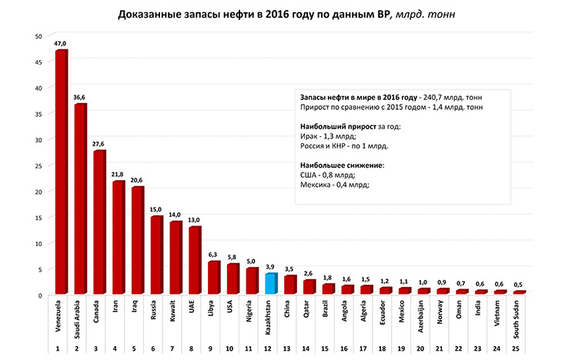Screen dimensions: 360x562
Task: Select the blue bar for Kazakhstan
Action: [270, 284]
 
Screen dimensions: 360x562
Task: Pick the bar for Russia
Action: [156, 255]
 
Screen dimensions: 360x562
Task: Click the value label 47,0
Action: [60, 44]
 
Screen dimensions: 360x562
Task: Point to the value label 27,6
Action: [99, 144]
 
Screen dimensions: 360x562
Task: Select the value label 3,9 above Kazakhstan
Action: [270, 267]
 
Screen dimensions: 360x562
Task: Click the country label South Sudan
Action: [519, 322]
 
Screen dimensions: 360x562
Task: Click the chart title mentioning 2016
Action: [280, 15]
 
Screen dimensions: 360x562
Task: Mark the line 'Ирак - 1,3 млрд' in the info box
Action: [324, 135]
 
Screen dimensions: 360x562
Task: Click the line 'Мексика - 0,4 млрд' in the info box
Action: [334, 185]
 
